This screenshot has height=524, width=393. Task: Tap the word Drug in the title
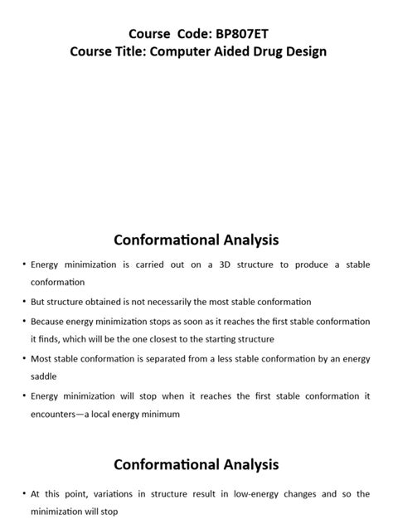coord(270,51)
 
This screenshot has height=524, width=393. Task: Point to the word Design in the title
coord(308,51)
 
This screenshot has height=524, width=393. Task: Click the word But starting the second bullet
coord(39,302)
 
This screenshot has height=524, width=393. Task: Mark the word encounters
coord(56,414)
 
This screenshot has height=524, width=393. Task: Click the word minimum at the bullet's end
coord(160,414)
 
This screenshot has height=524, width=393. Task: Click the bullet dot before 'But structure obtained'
coord(23,302)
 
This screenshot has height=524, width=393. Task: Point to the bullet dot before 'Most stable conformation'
coord(23,358)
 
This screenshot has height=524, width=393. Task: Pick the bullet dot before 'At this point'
coord(23,493)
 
